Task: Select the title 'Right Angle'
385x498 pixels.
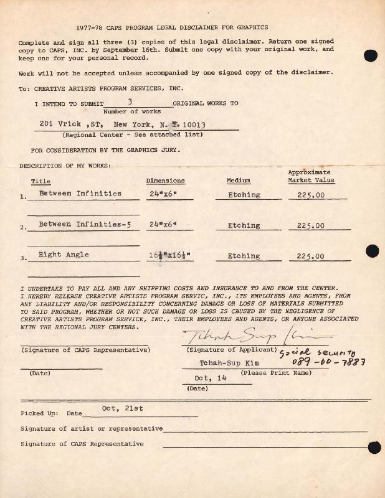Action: [64, 255]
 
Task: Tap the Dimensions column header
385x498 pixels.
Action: [165, 181]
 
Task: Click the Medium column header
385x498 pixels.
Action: [239, 181]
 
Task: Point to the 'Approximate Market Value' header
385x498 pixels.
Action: [310, 176]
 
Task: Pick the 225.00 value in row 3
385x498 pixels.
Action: [310, 256]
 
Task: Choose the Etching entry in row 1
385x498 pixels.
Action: [244, 195]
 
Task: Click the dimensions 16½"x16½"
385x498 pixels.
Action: [168, 255]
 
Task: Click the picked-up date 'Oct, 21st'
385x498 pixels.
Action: [122, 408]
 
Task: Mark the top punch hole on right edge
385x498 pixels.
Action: [370, 55]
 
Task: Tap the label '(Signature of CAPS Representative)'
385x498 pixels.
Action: [85, 350]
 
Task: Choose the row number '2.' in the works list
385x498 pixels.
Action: [23, 228]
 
